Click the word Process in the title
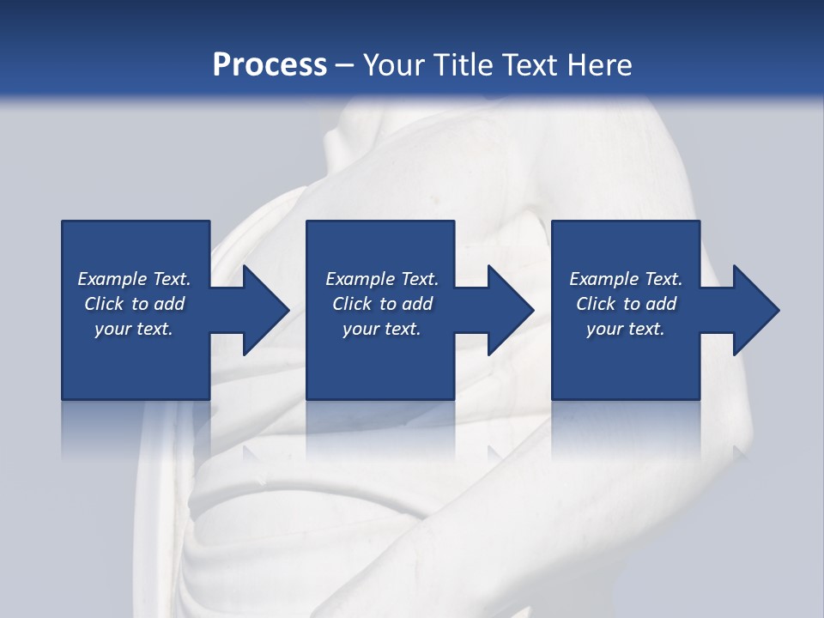(270, 64)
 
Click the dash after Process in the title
(345, 66)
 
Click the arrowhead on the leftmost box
(263, 310)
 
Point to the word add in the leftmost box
(169, 304)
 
